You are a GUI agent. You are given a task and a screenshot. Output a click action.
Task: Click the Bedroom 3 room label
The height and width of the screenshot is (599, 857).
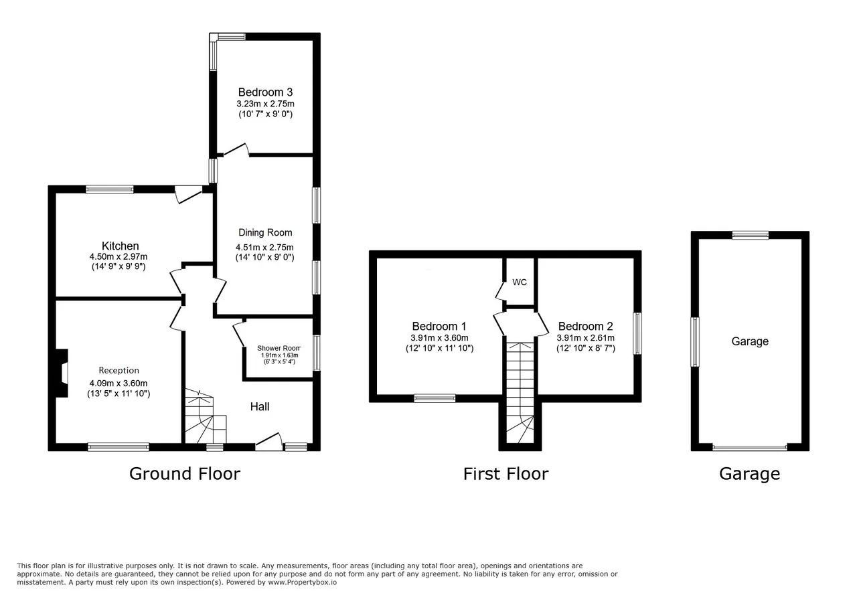[265, 92]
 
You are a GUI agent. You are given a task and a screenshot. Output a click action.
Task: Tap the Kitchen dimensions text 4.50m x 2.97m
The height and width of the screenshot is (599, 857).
[119, 256]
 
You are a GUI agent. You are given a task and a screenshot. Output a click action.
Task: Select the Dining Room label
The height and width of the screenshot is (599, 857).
[265, 232]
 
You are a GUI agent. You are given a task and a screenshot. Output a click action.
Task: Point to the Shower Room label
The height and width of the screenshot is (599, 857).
[279, 348]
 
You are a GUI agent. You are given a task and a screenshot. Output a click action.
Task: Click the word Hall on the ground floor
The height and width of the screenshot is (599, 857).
[260, 407]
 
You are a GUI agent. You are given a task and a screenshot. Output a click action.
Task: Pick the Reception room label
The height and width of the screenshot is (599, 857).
[119, 370]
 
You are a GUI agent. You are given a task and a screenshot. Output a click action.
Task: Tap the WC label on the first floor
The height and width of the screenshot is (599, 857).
[520, 282]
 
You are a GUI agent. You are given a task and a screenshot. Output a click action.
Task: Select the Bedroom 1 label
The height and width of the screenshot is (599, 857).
[439, 327]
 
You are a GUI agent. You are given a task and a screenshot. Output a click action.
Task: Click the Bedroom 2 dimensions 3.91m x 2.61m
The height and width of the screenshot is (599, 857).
[585, 338]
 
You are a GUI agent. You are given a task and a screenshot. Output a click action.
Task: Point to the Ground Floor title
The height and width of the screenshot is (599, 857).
[185, 474]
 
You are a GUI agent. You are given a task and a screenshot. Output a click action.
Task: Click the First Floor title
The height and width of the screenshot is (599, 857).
[505, 474]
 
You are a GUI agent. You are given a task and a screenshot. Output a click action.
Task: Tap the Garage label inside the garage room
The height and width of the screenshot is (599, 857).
[750, 341]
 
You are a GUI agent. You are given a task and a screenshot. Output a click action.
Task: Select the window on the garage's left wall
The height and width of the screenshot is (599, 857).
[695, 342]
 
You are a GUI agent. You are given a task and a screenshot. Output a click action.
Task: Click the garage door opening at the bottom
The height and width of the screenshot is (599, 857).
[750, 447]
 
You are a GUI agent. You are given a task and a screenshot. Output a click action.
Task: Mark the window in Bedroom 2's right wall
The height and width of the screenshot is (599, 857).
[637, 333]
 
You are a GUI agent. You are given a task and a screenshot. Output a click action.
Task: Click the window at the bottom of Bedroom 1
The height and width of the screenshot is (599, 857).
[435, 399]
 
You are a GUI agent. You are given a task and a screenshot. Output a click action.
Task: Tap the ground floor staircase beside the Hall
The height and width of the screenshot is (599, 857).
[206, 416]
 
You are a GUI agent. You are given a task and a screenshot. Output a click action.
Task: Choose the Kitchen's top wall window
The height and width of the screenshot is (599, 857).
[110, 189]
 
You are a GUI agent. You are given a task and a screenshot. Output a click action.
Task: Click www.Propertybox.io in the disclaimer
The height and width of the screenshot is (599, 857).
[302, 582]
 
